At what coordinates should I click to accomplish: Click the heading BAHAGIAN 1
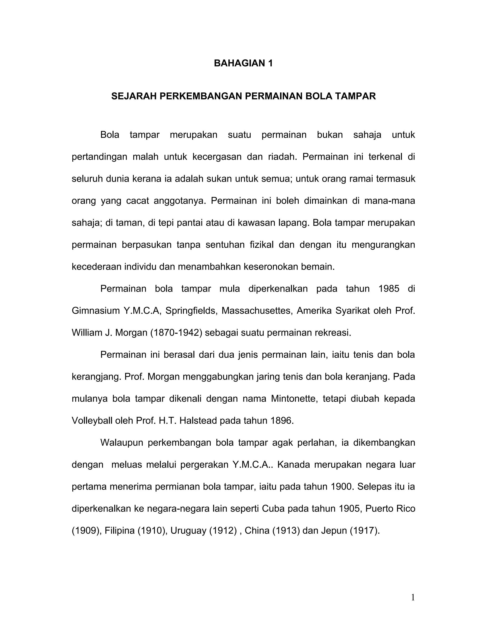(x=243, y=63)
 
